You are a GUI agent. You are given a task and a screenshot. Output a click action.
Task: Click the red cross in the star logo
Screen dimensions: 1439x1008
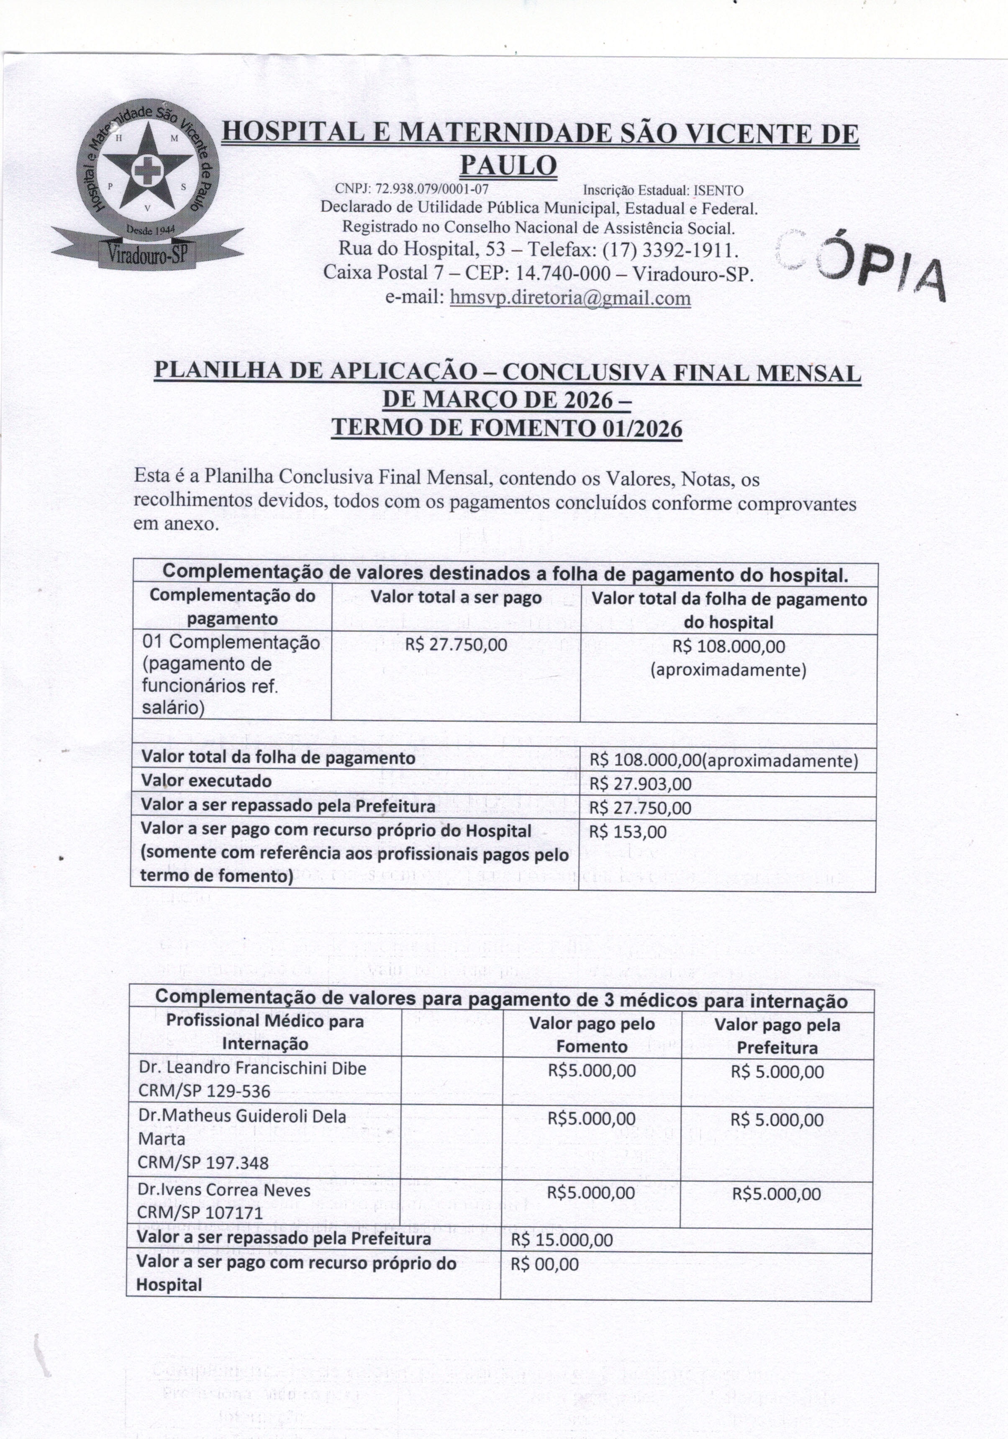coord(148,169)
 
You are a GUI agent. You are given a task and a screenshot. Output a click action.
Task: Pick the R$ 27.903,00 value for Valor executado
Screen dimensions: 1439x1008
coord(640,783)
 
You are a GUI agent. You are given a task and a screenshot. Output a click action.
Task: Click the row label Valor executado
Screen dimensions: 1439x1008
coord(206,781)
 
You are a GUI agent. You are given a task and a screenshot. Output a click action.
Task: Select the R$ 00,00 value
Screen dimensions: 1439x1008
coord(544,1264)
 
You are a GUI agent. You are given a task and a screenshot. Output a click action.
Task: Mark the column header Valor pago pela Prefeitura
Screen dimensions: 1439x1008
coord(777,1037)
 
